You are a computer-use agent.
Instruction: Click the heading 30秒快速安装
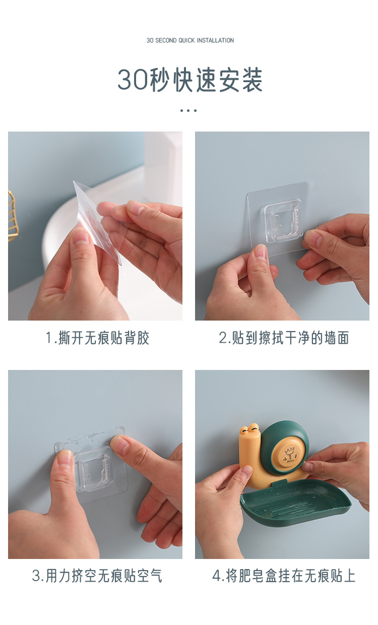190,80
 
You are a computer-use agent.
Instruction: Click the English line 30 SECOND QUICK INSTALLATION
190,40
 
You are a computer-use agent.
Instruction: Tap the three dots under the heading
188,111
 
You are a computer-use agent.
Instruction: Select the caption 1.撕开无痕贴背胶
97,338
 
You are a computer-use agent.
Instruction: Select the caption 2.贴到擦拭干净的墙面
284,338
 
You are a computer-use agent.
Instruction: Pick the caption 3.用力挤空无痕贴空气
97,576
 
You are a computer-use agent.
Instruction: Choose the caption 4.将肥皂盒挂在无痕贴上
284,576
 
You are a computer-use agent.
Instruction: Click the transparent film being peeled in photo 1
98,220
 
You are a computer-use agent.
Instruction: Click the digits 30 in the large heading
133,80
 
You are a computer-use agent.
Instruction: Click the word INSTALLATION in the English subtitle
215,40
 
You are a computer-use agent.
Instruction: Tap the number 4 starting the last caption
217,576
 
